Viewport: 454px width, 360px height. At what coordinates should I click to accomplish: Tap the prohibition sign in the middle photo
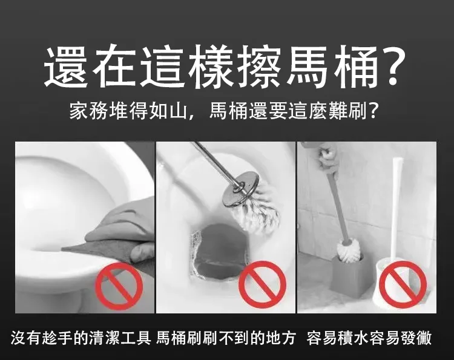(x=262, y=284)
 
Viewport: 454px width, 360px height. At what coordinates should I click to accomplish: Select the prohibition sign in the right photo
(x=403, y=284)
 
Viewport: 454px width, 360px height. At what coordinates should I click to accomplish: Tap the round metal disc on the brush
(x=241, y=189)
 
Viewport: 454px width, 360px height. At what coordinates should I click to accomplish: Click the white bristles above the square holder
(x=349, y=250)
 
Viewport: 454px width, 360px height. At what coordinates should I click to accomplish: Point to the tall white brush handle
(x=396, y=208)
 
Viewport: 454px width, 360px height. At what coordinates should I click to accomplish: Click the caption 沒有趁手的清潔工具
(x=81, y=338)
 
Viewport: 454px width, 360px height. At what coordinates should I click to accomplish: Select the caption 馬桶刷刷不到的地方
(x=226, y=338)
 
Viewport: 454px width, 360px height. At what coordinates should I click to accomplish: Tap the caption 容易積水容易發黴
(x=369, y=338)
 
